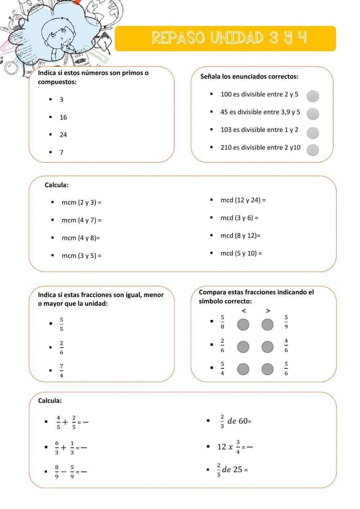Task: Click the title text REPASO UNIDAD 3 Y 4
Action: [229, 38]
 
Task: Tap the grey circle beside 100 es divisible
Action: [313, 96]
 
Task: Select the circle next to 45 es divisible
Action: [313, 114]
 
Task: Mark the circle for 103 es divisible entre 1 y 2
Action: [313, 133]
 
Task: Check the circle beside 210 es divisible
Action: [313, 150]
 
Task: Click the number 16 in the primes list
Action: [63, 117]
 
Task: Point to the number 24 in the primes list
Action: [63, 135]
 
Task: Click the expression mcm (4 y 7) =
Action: [81, 220]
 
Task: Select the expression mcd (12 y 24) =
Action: [243, 200]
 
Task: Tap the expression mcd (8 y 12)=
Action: [240, 236]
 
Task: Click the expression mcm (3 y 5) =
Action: [81, 256]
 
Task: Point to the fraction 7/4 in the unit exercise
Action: [62, 371]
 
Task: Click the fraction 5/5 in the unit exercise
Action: [62, 324]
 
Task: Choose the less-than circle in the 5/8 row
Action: [243, 325]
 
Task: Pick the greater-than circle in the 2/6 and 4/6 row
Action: [267, 347]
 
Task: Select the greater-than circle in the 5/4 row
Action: [267, 369]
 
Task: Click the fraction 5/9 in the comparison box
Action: [286, 322]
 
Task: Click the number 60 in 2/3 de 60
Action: [243, 421]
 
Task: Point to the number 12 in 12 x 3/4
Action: [221, 447]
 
